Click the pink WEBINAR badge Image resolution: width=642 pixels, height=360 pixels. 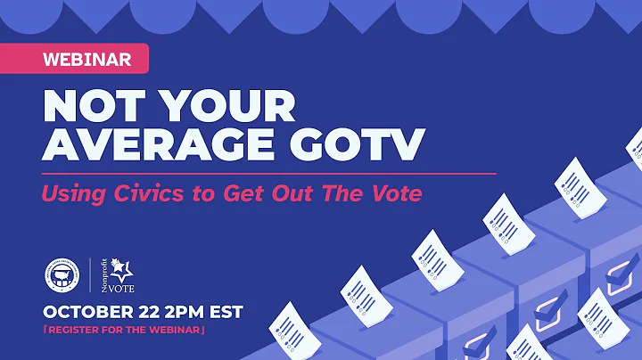[x=87, y=60]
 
